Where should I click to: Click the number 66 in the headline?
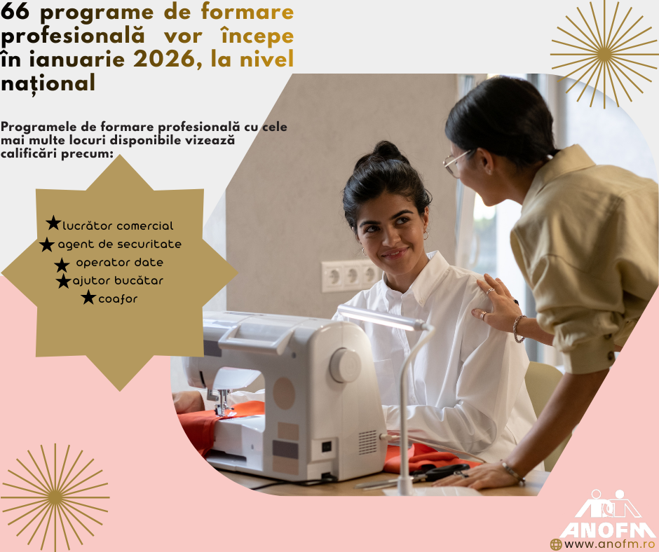pyautogui.click(x=15, y=11)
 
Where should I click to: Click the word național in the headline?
pyautogui.click(x=48, y=83)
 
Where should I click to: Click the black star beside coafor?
pyautogui.click(x=88, y=298)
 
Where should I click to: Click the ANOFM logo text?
pyautogui.click(x=608, y=530)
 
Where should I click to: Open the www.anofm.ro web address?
pyautogui.click(x=610, y=544)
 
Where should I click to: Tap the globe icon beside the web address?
pyautogui.click(x=556, y=545)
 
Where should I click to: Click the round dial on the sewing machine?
pyautogui.click(x=345, y=366)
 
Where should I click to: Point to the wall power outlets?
pyautogui.click(x=349, y=276)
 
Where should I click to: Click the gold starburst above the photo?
pyautogui.click(x=604, y=54)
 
